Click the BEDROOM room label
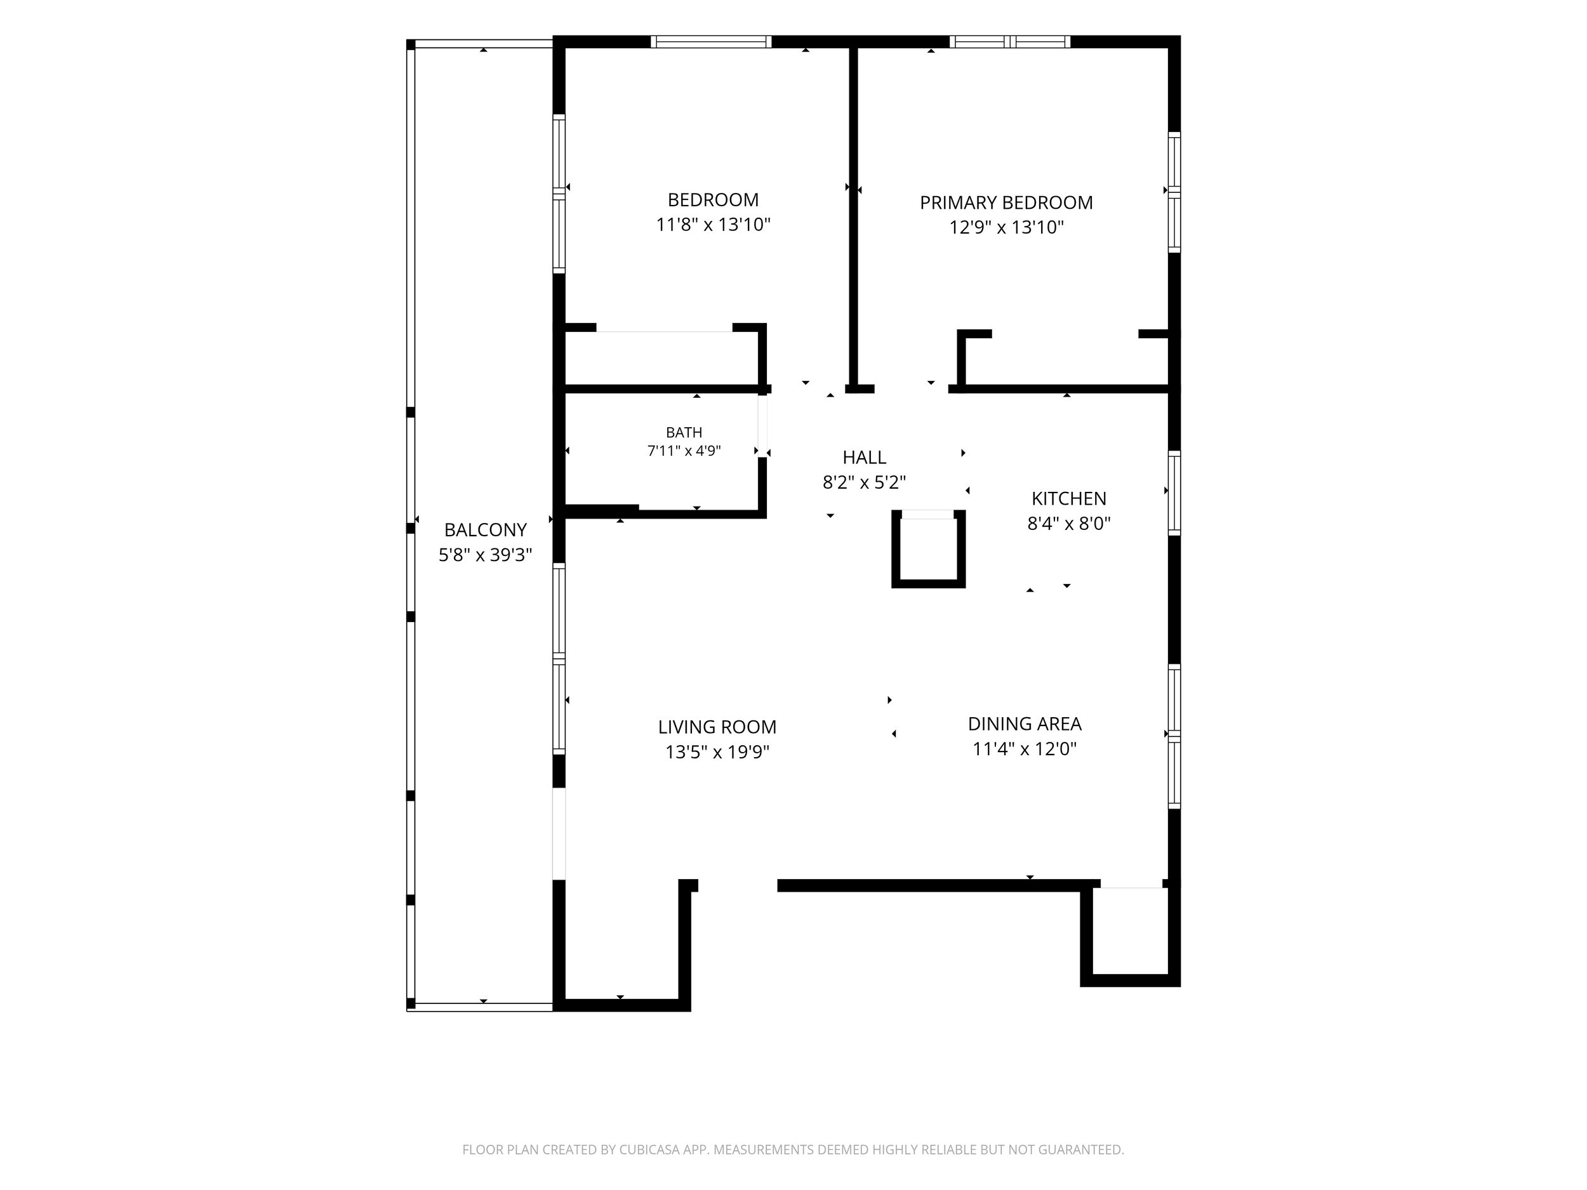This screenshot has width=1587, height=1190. point(713,199)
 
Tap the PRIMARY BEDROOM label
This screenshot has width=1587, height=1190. point(1007,202)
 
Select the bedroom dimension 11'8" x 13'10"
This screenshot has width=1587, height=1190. point(713,225)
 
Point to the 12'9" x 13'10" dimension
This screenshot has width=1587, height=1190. point(1007,227)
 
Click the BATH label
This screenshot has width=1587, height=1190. point(684,433)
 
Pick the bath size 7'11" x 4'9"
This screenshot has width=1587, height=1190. point(684,451)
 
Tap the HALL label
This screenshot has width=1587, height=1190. point(864,457)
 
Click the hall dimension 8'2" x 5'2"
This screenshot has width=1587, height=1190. point(864,482)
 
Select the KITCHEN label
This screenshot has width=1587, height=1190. point(1069,498)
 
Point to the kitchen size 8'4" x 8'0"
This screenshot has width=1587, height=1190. point(1069,524)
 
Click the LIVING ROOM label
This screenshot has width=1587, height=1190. point(717,727)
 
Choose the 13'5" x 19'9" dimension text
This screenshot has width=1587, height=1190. point(717,751)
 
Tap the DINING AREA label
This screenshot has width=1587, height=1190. point(1025,724)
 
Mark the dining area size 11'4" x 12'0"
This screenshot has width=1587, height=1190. point(1025,749)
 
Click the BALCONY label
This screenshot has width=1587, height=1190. point(486,530)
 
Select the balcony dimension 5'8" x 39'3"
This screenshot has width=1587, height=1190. point(486,555)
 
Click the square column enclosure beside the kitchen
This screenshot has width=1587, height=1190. point(928,550)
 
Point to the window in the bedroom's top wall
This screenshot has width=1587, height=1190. point(711,42)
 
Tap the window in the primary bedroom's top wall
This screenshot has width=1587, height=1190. point(1010,42)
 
